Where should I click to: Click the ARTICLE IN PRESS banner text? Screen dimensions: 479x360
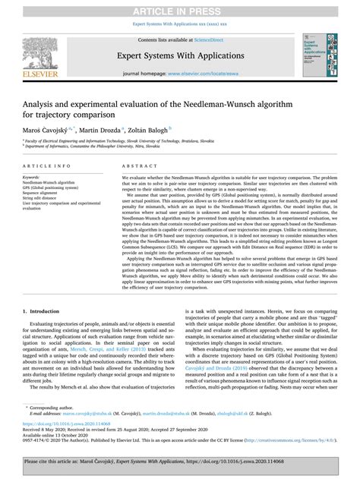(x=180, y=9)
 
